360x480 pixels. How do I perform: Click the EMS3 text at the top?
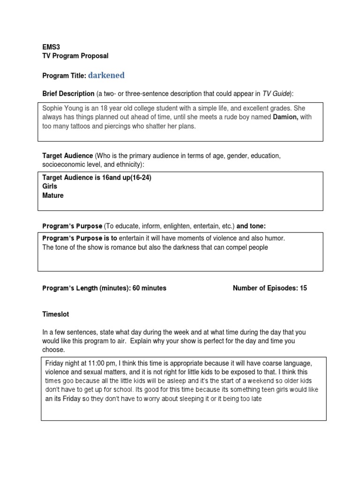coord(51,47)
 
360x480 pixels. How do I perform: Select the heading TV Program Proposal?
coord(75,56)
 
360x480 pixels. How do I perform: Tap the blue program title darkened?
coord(106,75)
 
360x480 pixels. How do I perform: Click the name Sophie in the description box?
coord(53,108)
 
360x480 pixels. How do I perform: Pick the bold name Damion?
coord(285,117)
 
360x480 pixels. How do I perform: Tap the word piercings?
coord(123,126)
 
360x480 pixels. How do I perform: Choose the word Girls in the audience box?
coord(50,187)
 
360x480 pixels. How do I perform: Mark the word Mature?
coord(53,195)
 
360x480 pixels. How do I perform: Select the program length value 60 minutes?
coord(149,288)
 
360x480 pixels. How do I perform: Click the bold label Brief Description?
coord(68,94)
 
